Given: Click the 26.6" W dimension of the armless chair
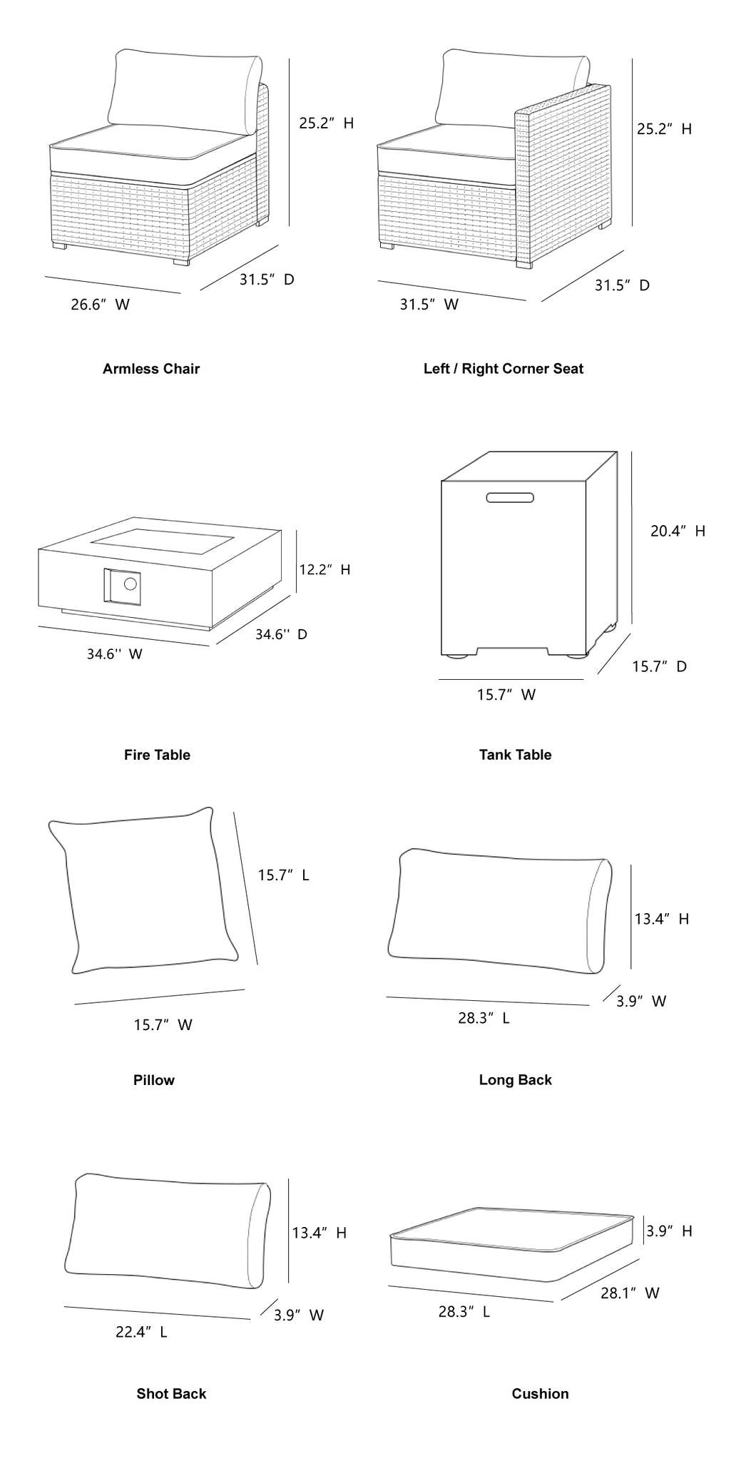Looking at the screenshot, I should tap(100, 305).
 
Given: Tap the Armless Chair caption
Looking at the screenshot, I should tap(151, 369).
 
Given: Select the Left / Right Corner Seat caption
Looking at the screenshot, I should tap(503, 369).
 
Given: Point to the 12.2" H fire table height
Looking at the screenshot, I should tap(325, 569).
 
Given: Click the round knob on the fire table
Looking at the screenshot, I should tap(130, 584).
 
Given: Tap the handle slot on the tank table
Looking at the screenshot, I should tap(511, 497).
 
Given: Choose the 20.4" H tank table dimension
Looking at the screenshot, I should tap(677, 531).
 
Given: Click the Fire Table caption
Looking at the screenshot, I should tap(157, 755).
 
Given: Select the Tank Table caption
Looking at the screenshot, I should tap(515, 755).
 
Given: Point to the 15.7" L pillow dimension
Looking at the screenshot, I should tap(283, 875).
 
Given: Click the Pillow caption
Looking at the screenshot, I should tap(153, 1080).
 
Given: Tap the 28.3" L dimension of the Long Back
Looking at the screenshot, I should tap(484, 1018).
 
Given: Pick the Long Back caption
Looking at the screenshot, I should tap(515, 1080).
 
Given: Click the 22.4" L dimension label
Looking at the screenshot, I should tap(141, 1332).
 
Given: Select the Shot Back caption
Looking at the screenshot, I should tap(171, 1394).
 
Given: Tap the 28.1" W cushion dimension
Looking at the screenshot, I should tap(629, 1293).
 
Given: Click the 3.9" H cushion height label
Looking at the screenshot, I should tap(669, 1231).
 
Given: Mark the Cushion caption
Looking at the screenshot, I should tap(540, 1394).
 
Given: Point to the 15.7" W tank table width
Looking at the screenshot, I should tap(506, 695).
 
